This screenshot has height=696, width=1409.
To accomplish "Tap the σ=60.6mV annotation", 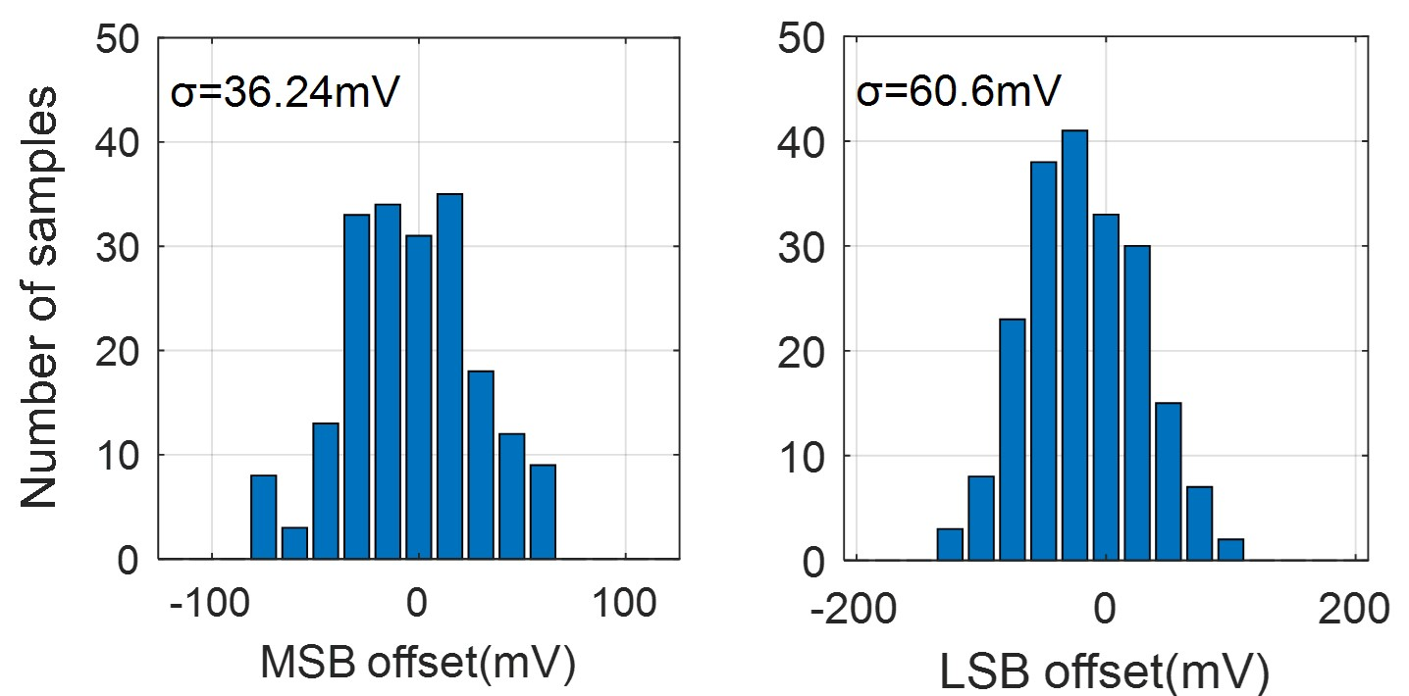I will pyautogui.click(x=959, y=95).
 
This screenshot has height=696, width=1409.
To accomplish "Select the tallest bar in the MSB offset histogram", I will pyautogui.click(x=449, y=376).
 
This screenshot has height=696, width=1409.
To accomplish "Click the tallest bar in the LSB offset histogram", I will pyautogui.click(x=1074, y=345).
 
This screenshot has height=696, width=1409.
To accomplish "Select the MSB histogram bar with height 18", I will pyautogui.click(x=481, y=465).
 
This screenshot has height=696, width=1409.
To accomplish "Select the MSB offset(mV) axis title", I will pyautogui.click(x=416, y=663).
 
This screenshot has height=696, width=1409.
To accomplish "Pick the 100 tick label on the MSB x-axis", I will pyautogui.click(x=627, y=604).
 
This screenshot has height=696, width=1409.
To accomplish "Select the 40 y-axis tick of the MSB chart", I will pyautogui.click(x=119, y=142).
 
